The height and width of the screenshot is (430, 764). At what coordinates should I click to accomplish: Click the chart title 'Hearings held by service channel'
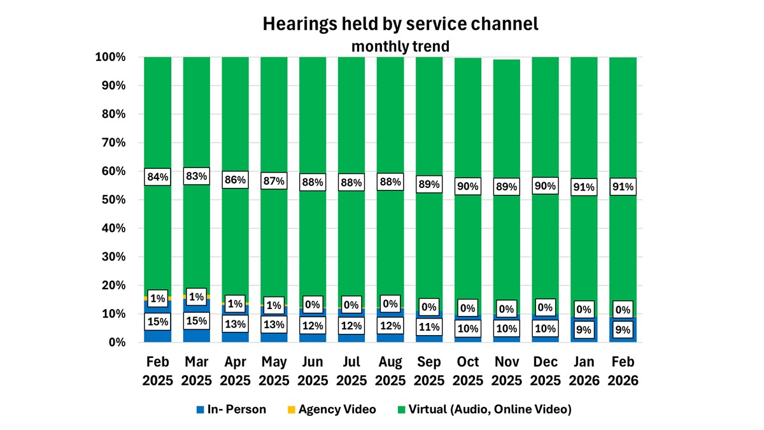400,24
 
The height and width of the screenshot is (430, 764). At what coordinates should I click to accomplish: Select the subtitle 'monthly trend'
400,46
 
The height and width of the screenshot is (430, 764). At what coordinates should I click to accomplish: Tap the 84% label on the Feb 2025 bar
158,177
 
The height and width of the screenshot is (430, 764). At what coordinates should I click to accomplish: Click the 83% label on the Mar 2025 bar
197,176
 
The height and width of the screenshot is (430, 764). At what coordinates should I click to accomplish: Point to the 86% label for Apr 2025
235,180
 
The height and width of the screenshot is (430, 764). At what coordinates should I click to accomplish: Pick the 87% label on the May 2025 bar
274,182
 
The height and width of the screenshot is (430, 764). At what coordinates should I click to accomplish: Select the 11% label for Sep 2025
429,327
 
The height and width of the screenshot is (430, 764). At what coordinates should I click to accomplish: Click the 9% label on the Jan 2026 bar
584,330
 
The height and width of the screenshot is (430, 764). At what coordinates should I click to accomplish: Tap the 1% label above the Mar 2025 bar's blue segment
197,297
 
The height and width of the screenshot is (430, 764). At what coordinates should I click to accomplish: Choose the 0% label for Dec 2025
545,308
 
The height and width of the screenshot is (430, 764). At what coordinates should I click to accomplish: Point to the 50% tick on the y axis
114,200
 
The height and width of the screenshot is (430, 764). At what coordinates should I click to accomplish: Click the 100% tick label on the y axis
111,57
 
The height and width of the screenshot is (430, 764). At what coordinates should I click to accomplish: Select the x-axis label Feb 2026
623,371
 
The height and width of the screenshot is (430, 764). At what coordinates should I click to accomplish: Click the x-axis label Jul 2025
351,371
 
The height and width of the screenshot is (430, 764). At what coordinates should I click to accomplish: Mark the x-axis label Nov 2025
506,371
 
